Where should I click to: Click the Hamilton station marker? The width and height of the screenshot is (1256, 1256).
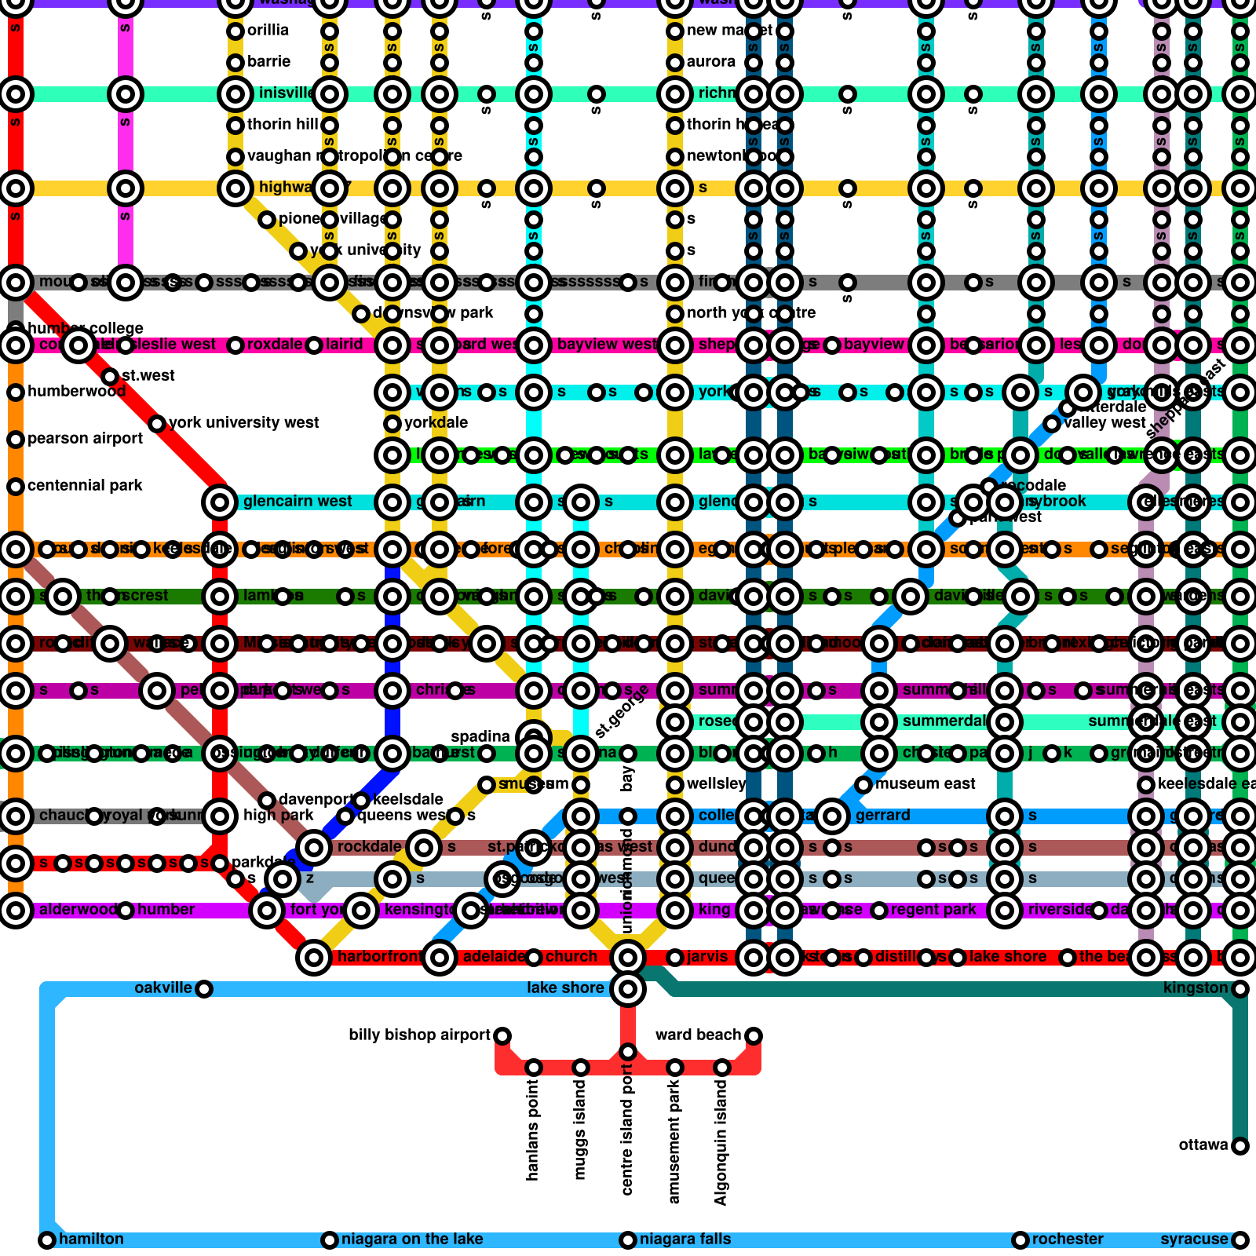click(47, 1240)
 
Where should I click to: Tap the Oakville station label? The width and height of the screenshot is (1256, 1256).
click(162, 988)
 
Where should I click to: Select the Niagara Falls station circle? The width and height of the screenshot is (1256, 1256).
click(628, 1240)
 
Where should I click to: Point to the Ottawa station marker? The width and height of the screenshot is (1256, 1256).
click(1240, 1146)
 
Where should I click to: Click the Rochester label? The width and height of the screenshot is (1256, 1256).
click(1068, 1240)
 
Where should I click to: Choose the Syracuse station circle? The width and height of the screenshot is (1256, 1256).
click(1240, 1240)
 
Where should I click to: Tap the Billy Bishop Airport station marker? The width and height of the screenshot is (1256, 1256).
click(502, 1036)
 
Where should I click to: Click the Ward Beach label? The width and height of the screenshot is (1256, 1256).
click(698, 1035)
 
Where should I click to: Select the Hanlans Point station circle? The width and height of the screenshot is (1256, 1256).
click(534, 1068)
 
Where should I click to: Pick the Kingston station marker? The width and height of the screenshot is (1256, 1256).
click(1240, 989)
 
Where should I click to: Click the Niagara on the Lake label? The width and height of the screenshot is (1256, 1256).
click(412, 1240)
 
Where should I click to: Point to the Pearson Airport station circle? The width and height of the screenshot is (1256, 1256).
click(16, 440)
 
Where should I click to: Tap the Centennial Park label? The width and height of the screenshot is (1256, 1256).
click(85, 486)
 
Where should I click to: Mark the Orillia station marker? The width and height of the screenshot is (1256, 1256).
click(235, 31)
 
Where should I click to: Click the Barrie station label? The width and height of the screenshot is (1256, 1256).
click(268, 62)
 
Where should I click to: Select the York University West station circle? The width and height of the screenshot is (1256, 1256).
click(157, 424)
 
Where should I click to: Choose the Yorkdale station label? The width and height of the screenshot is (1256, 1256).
click(436, 423)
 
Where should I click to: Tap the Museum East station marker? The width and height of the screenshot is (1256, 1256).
click(863, 785)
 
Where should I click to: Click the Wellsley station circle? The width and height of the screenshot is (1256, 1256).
click(675, 785)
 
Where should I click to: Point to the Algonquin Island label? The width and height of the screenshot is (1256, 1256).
click(721, 1142)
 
